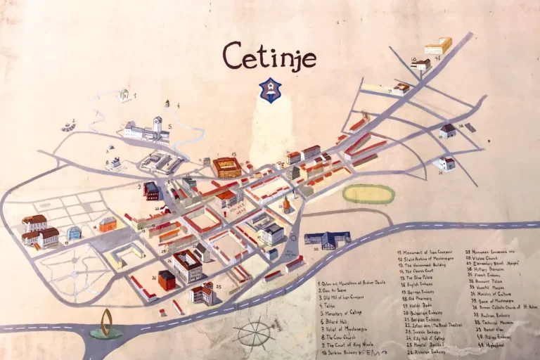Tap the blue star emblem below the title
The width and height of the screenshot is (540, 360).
[269, 89]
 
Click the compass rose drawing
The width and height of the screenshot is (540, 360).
[255, 333]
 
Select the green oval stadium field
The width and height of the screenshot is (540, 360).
[368, 194]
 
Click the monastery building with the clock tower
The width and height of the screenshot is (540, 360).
[148, 130]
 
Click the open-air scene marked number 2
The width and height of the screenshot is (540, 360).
[68, 126]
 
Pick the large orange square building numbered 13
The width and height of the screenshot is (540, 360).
[227, 167]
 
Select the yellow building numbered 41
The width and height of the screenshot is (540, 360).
[438, 46]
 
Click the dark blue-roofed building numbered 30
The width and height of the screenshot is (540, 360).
[327, 240]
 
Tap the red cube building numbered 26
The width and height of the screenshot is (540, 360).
[167, 280]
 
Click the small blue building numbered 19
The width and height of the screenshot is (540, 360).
[74, 233]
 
